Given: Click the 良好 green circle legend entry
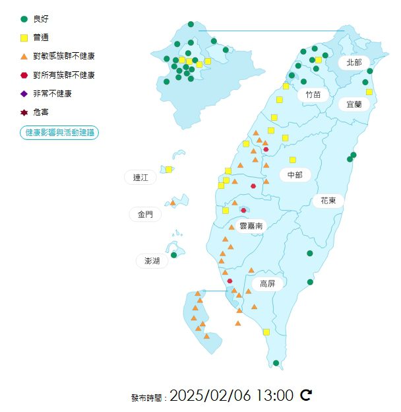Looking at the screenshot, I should point(40,19).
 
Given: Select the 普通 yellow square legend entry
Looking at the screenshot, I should point(40,38).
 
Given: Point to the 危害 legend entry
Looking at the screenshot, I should point(40,112).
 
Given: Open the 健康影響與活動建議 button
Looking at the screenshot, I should point(59,133).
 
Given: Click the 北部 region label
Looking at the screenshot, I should point(354,62).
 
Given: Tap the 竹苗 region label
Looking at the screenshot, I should point(313,94).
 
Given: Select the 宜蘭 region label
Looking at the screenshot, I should point(354,104).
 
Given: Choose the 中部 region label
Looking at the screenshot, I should point(294,174).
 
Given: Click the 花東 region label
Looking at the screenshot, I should point(329,200).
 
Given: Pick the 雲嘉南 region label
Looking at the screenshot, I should point(251,226).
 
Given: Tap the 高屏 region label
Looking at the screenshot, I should point(267,284).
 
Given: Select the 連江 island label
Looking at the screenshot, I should point(140,177).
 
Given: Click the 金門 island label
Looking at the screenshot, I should point(145,214).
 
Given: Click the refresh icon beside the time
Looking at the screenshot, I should point(306,395).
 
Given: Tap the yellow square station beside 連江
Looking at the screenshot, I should point(169,170).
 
